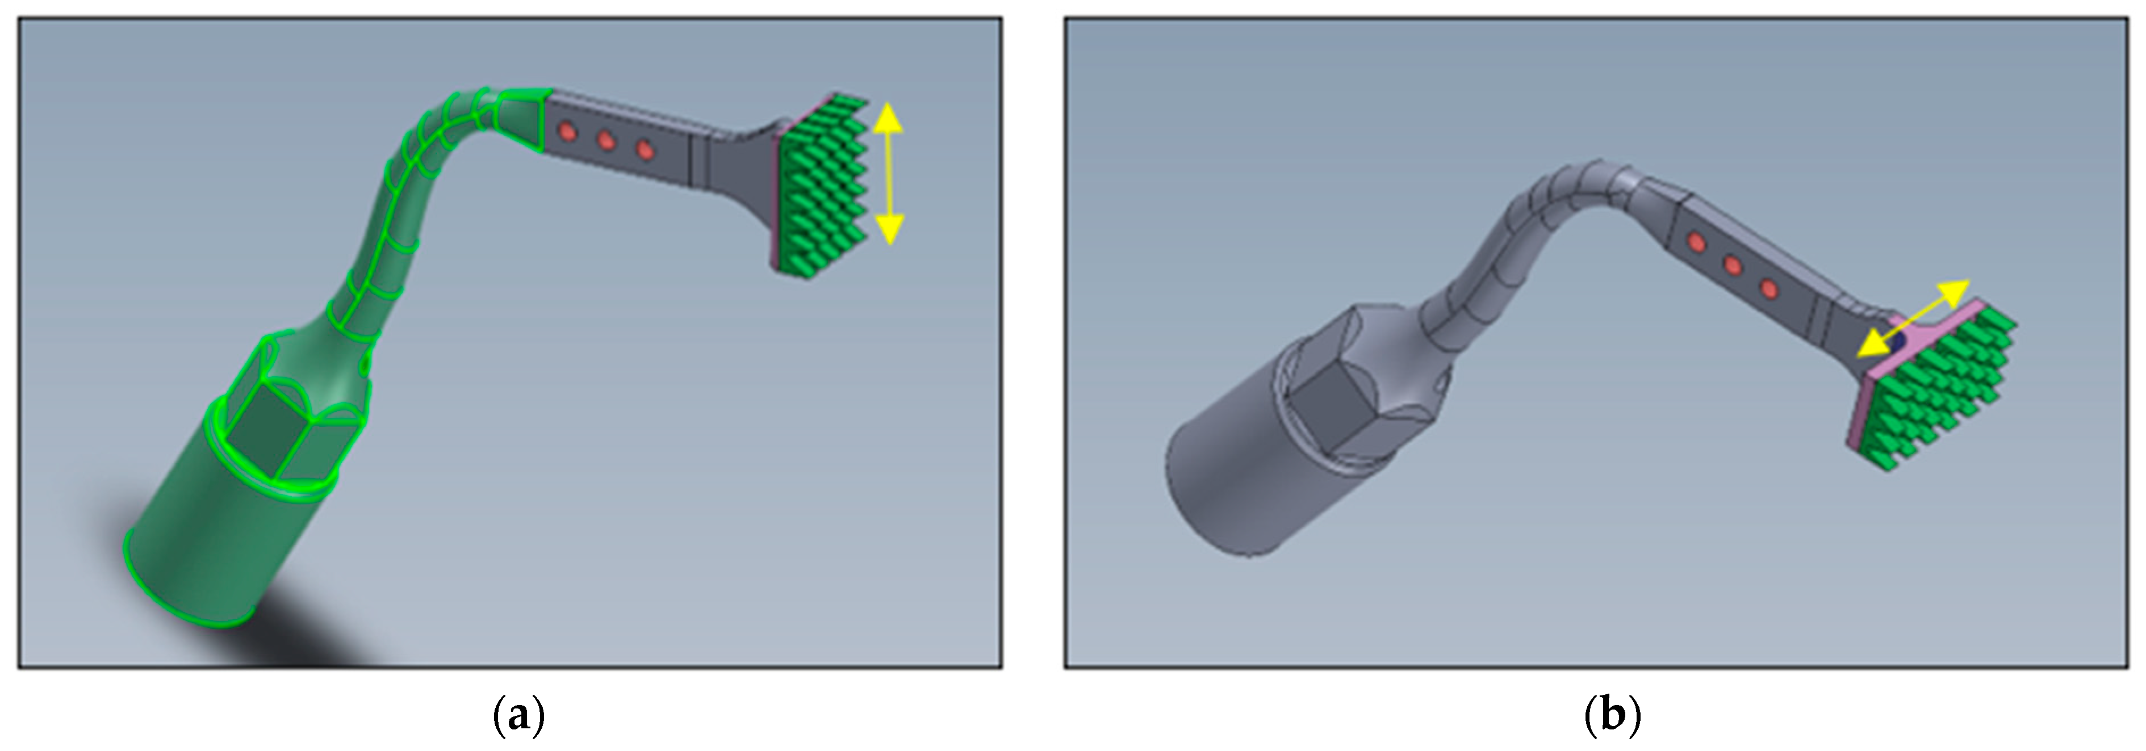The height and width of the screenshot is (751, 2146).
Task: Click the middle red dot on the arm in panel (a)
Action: pos(606,141)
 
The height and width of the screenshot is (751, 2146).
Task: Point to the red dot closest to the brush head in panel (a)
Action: pos(644,150)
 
